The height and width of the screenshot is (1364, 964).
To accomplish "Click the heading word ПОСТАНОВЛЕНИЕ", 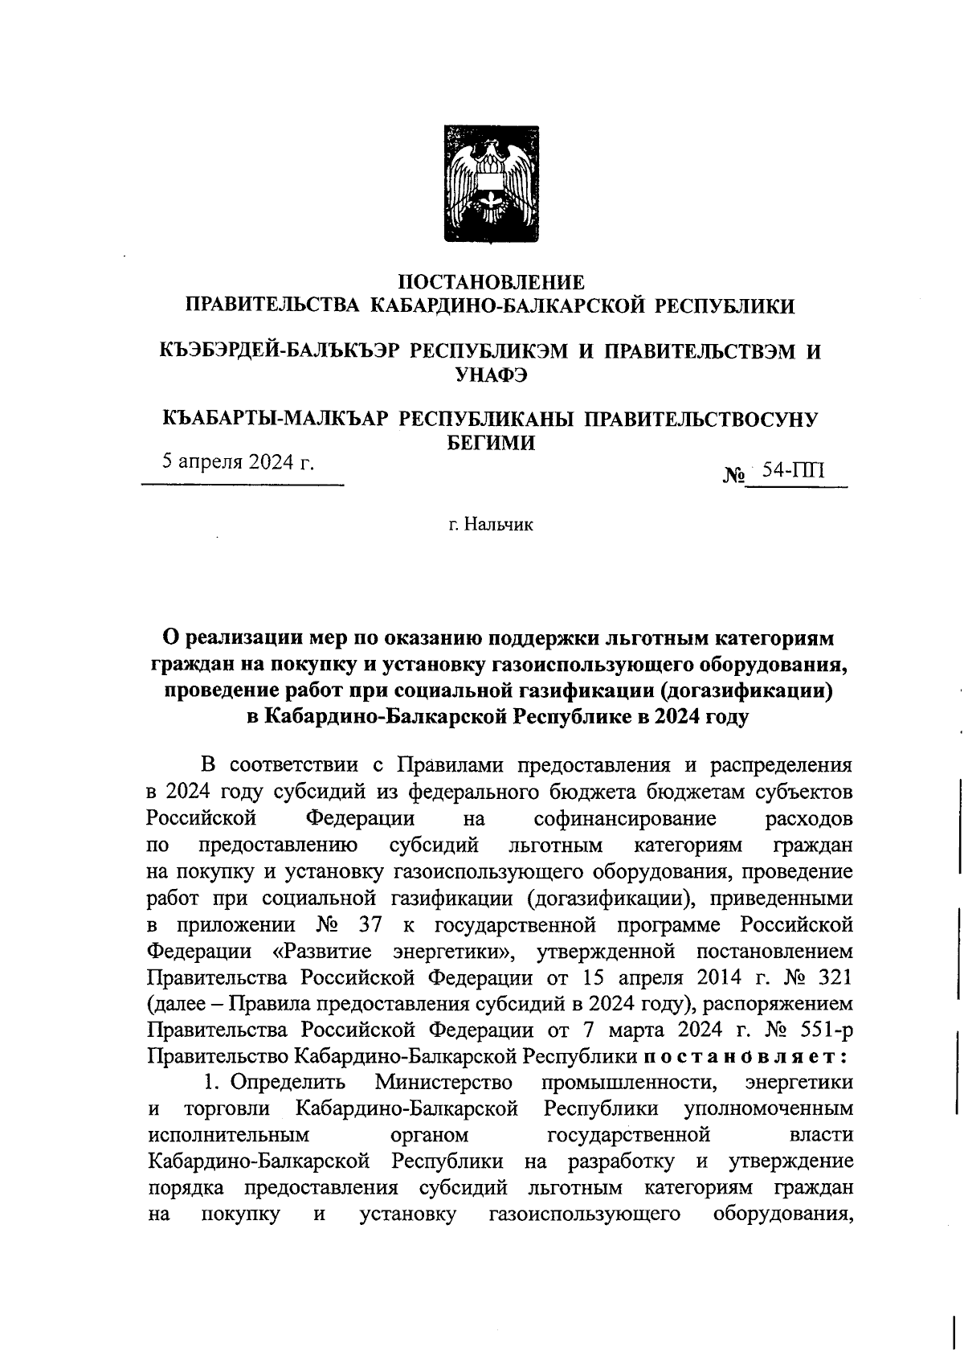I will pyautogui.click(x=492, y=282).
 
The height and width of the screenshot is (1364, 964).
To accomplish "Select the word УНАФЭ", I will pyautogui.click(x=491, y=374).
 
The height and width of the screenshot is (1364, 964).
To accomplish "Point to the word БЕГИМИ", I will pyautogui.click(x=491, y=442).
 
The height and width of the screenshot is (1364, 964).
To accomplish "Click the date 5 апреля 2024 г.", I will pyautogui.click(x=238, y=462).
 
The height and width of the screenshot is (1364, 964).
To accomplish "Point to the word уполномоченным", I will pyautogui.click(x=768, y=1108).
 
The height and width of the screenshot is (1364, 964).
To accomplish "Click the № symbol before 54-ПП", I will pyautogui.click(x=734, y=474).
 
